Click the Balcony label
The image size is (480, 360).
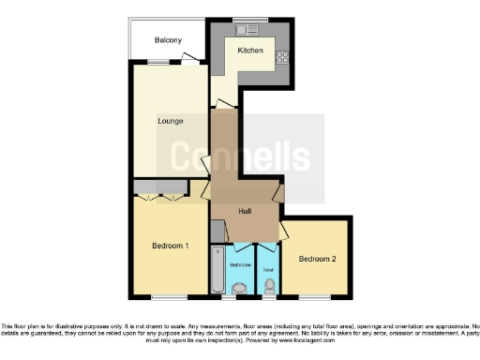point(169,40)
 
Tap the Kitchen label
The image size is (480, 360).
point(249,50)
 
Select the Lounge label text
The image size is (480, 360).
point(169,121)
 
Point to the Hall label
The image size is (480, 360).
point(244,211)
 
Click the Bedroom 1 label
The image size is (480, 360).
point(170,246)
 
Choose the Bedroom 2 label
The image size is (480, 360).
point(316,259)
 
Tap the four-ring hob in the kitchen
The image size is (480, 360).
point(280,58)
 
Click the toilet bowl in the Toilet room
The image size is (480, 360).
point(270,285)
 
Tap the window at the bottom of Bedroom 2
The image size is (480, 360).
point(316,297)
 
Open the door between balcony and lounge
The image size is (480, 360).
point(190,58)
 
